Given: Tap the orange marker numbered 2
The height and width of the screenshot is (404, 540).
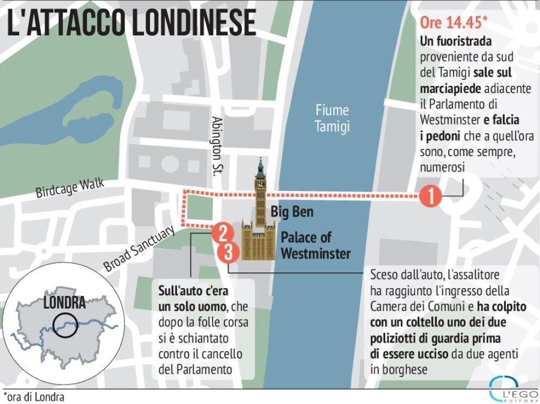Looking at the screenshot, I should (x=223, y=234).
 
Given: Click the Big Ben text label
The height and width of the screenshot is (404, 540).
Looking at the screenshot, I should (x=292, y=212).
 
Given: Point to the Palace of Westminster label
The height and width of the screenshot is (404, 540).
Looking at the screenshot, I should (x=315, y=245).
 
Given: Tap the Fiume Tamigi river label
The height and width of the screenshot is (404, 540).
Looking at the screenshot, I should (x=332, y=119).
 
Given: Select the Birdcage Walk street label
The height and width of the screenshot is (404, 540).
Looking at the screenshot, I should (x=69, y=189).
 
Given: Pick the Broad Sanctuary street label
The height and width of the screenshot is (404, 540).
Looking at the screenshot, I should (x=140, y=248).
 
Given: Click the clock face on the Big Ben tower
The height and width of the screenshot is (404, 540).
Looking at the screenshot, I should (x=261, y=184).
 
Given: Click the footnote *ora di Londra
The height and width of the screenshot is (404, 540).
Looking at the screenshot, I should (x=34, y=397).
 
